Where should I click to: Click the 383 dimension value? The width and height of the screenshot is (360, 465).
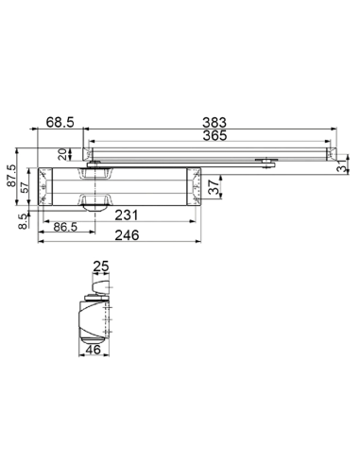pos(214,122)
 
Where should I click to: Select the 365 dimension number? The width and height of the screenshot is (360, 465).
pos(214,135)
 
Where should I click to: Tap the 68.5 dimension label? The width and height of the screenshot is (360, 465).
pos(60,122)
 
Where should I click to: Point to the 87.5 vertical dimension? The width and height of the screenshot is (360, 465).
pos(11,176)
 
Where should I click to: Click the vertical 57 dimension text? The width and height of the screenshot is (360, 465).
pos(25,187)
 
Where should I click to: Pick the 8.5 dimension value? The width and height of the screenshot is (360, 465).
pos(23,221)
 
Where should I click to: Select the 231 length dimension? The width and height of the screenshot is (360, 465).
pos(127,215)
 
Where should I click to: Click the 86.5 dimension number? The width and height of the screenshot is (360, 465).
pos(65,227)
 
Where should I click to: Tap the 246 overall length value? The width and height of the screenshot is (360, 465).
pos(127,235)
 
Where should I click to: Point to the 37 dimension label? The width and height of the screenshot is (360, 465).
pos(214,187)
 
